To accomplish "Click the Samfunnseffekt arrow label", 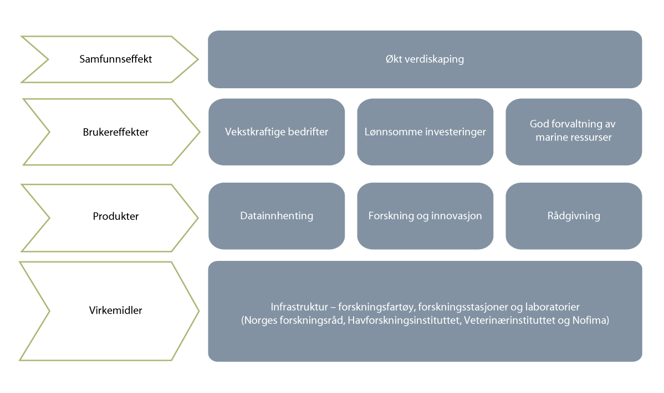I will click(x=115, y=59).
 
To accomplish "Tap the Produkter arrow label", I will click(x=115, y=216).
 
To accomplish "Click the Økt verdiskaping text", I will click(x=425, y=59).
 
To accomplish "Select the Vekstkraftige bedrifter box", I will click(x=277, y=132).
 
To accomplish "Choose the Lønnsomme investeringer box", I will click(x=425, y=132).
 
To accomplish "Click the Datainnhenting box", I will click(x=277, y=216).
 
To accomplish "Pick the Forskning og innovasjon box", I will click(x=425, y=216).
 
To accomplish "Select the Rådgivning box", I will click(x=574, y=216).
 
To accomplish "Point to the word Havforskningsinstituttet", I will click(x=404, y=320).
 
